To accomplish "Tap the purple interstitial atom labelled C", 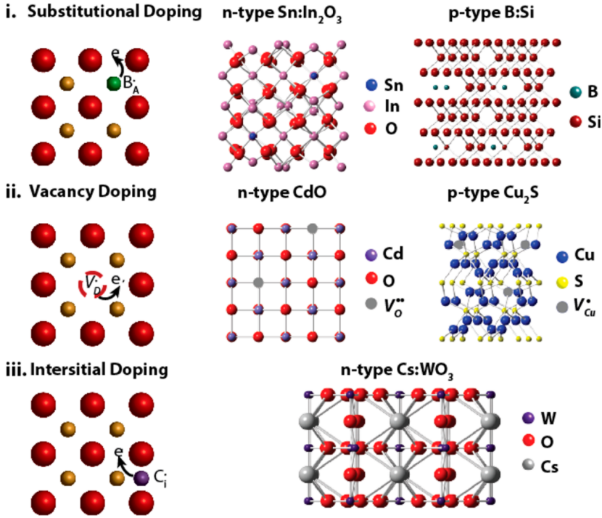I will tap(141, 477).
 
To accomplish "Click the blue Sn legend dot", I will tap(371, 86).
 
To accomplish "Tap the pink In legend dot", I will tap(371, 108).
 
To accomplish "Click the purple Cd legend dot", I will tap(371, 256).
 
